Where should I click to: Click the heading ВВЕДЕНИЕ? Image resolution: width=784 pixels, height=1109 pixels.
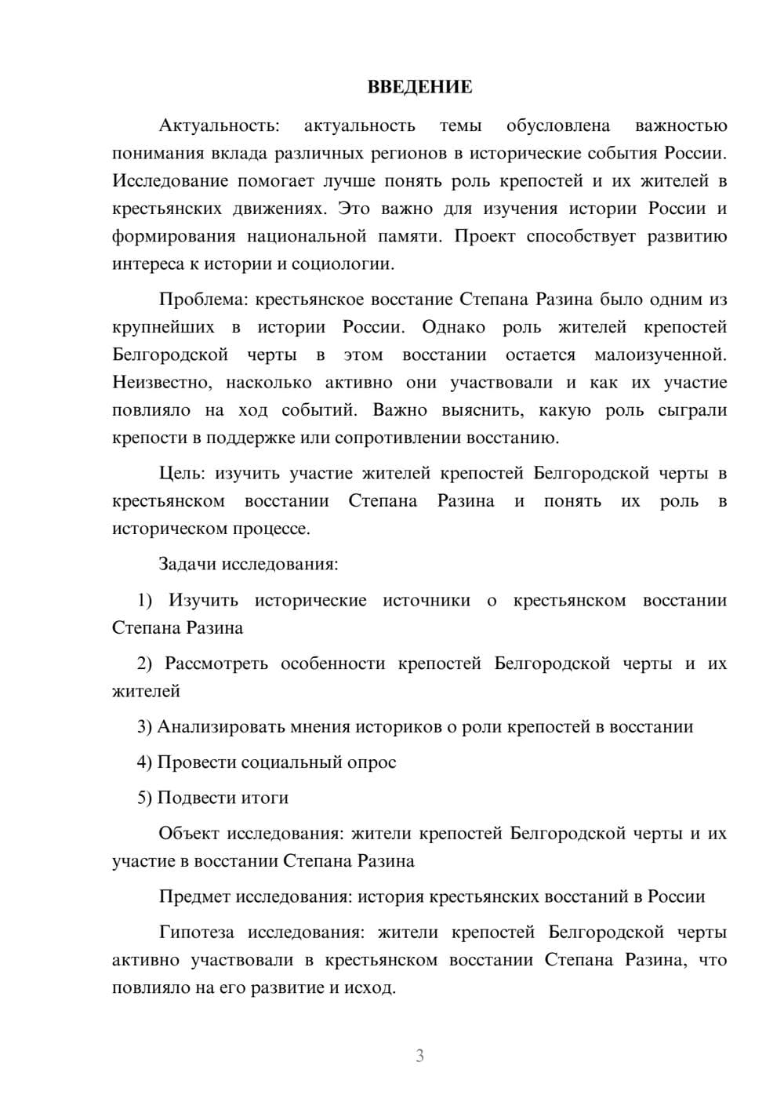(x=419, y=87)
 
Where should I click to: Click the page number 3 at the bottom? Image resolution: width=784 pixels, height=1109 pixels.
(x=419, y=1056)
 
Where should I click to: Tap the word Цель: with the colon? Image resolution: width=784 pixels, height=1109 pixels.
(x=182, y=474)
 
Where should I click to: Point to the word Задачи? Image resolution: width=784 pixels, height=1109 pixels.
(x=188, y=564)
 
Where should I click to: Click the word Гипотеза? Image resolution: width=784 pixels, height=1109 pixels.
(x=196, y=933)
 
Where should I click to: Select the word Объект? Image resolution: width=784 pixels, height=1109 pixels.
(x=189, y=833)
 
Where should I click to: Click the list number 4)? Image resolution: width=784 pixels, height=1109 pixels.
(x=145, y=762)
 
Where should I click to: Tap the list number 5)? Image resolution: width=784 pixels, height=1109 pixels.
(x=145, y=798)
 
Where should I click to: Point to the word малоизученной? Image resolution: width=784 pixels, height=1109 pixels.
(x=660, y=355)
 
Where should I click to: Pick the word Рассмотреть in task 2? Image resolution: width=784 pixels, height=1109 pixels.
(x=216, y=664)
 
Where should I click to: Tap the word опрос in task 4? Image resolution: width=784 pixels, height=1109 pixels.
(x=372, y=762)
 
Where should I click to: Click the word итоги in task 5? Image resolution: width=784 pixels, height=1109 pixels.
(x=265, y=798)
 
